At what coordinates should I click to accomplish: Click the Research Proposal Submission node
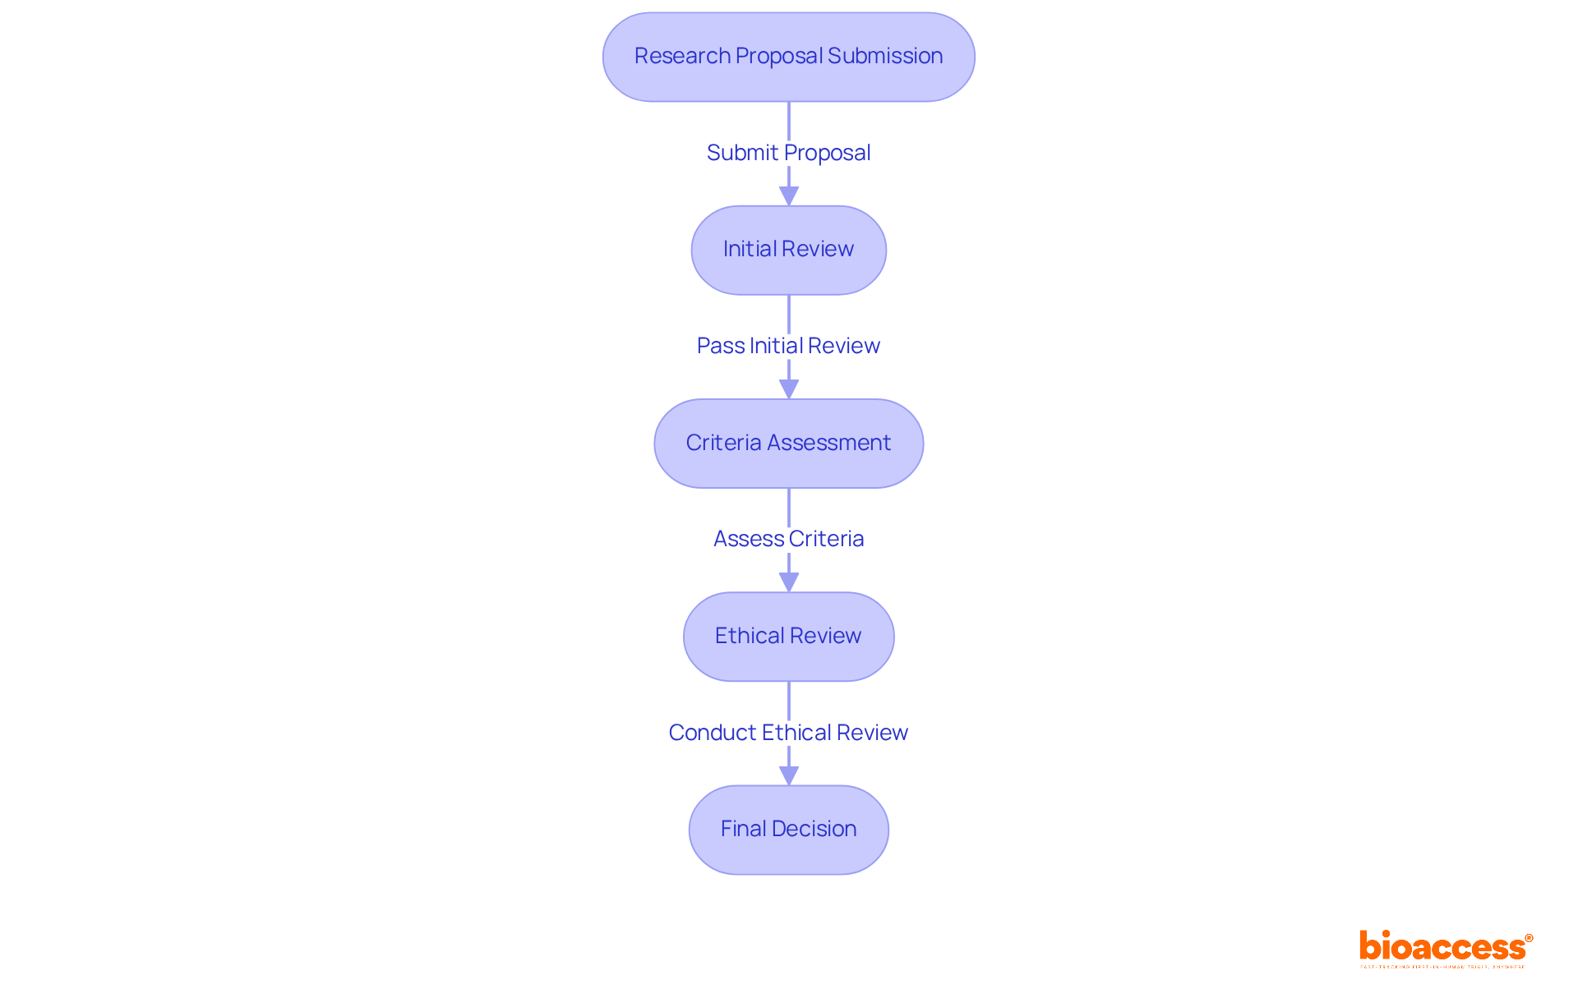tap(788, 57)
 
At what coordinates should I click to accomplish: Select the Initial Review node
tap(788, 250)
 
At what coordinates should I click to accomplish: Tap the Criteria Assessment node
tap(788, 444)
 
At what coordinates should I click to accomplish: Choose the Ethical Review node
tap(788, 637)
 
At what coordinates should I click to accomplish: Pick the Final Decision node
tap(788, 830)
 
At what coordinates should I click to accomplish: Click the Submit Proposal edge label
tap(788, 153)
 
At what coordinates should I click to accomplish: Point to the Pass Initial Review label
tap(788, 346)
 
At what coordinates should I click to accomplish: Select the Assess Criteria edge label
tap(788, 539)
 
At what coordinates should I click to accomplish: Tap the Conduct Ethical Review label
tap(788, 733)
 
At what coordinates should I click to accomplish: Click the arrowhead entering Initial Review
tap(789, 196)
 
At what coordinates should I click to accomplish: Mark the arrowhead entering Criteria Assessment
tap(789, 389)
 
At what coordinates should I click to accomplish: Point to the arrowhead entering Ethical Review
tap(789, 582)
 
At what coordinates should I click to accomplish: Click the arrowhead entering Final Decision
tap(789, 775)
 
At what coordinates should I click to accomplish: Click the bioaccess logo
tap(1442, 947)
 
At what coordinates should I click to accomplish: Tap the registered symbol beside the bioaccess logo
tap(1529, 938)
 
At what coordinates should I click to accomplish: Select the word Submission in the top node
tap(885, 56)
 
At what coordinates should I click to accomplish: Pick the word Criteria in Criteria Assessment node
tap(723, 443)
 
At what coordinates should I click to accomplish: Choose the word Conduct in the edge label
tap(713, 733)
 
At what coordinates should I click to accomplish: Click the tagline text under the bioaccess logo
tap(1442, 968)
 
